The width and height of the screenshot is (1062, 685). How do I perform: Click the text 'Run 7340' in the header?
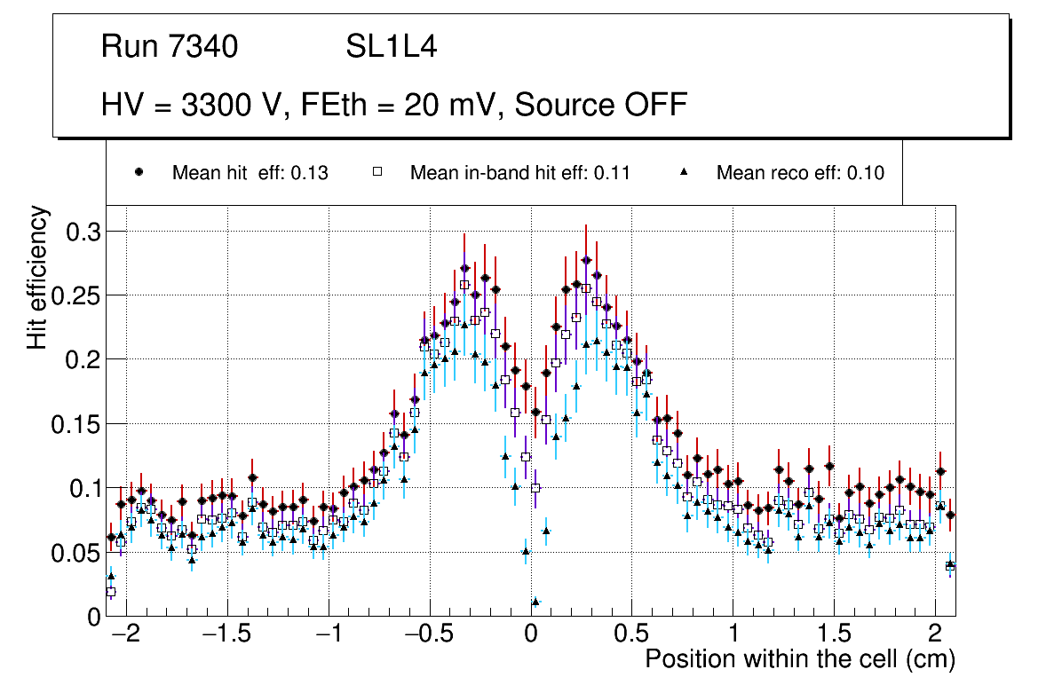pyautogui.click(x=170, y=47)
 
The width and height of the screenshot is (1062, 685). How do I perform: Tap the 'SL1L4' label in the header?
pyautogui.click(x=391, y=47)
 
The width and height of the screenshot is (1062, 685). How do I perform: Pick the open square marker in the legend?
pyautogui.click(x=377, y=173)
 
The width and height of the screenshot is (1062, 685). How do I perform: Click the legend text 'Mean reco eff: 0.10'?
pyautogui.click(x=800, y=173)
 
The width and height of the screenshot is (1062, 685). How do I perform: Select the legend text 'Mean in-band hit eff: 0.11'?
pyautogui.click(x=519, y=173)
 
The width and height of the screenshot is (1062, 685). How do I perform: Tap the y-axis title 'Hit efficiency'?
pyautogui.click(x=37, y=277)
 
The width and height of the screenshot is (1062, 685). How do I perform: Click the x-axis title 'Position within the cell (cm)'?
pyautogui.click(x=799, y=659)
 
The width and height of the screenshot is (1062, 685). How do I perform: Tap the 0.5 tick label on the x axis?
pyautogui.click(x=632, y=637)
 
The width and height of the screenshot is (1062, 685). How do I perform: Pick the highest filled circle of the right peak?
pyautogui.click(x=586, y=260)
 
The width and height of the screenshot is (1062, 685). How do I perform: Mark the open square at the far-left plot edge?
pyautogui.click(x=111, y=592)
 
